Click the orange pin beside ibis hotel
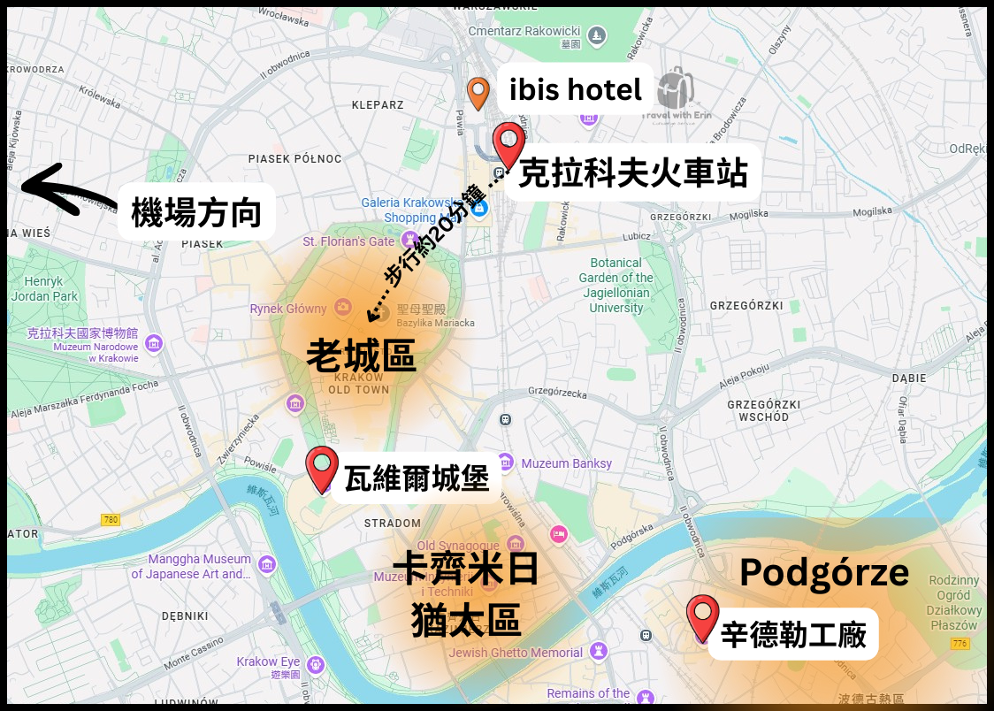click(x=478, y=92)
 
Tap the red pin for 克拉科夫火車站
click(x=508, y=144)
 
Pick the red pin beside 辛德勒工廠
click(x=703, y=616)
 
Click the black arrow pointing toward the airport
click(x=67, y=188)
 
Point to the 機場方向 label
click(x=196, y=213)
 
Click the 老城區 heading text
click(x=360, y=355)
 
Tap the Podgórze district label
click(x=824, y=573)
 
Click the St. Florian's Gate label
click(x=348, y=241)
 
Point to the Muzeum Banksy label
click(x=566, y=463)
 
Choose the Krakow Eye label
click(x=268, y=662)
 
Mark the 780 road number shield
click(x=111, y=519)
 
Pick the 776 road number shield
click(x=962, y=643)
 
